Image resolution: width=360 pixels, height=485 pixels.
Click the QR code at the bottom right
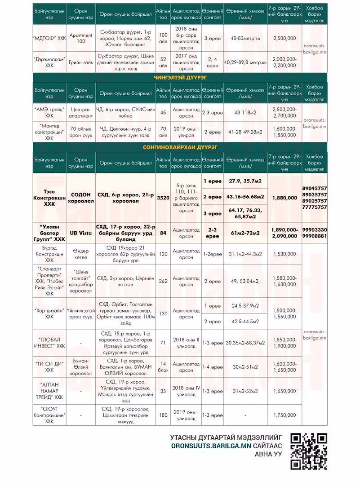click(x=309, y=451)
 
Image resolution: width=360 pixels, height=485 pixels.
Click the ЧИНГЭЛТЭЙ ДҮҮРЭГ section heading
click(x=180, y=78)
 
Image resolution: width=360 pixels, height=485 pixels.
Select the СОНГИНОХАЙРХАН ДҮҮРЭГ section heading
click(x=180, y=147)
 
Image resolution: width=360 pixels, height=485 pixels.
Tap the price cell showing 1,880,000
click(x=284, y=198)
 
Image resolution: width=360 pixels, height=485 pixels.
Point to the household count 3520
click(x=163, y=198)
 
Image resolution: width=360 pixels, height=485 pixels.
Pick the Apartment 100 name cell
click(x=81, y=38)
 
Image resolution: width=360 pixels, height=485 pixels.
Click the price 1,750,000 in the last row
click(x=284, y=415)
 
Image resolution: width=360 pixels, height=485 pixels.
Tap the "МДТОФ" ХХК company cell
click(x=49, y=39)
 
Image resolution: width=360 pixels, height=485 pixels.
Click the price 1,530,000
click(x=284, y=254)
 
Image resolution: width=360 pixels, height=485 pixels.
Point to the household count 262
click(x=163, y=281)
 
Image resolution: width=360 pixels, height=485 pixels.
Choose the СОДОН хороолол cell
click(x=81, y=198)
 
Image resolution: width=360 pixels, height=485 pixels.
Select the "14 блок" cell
click(x=163, y=367)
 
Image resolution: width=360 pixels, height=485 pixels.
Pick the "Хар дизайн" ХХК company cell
click(x=49, y=313)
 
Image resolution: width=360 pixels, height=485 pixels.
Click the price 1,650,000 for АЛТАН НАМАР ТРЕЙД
click(x=284, y=391)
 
